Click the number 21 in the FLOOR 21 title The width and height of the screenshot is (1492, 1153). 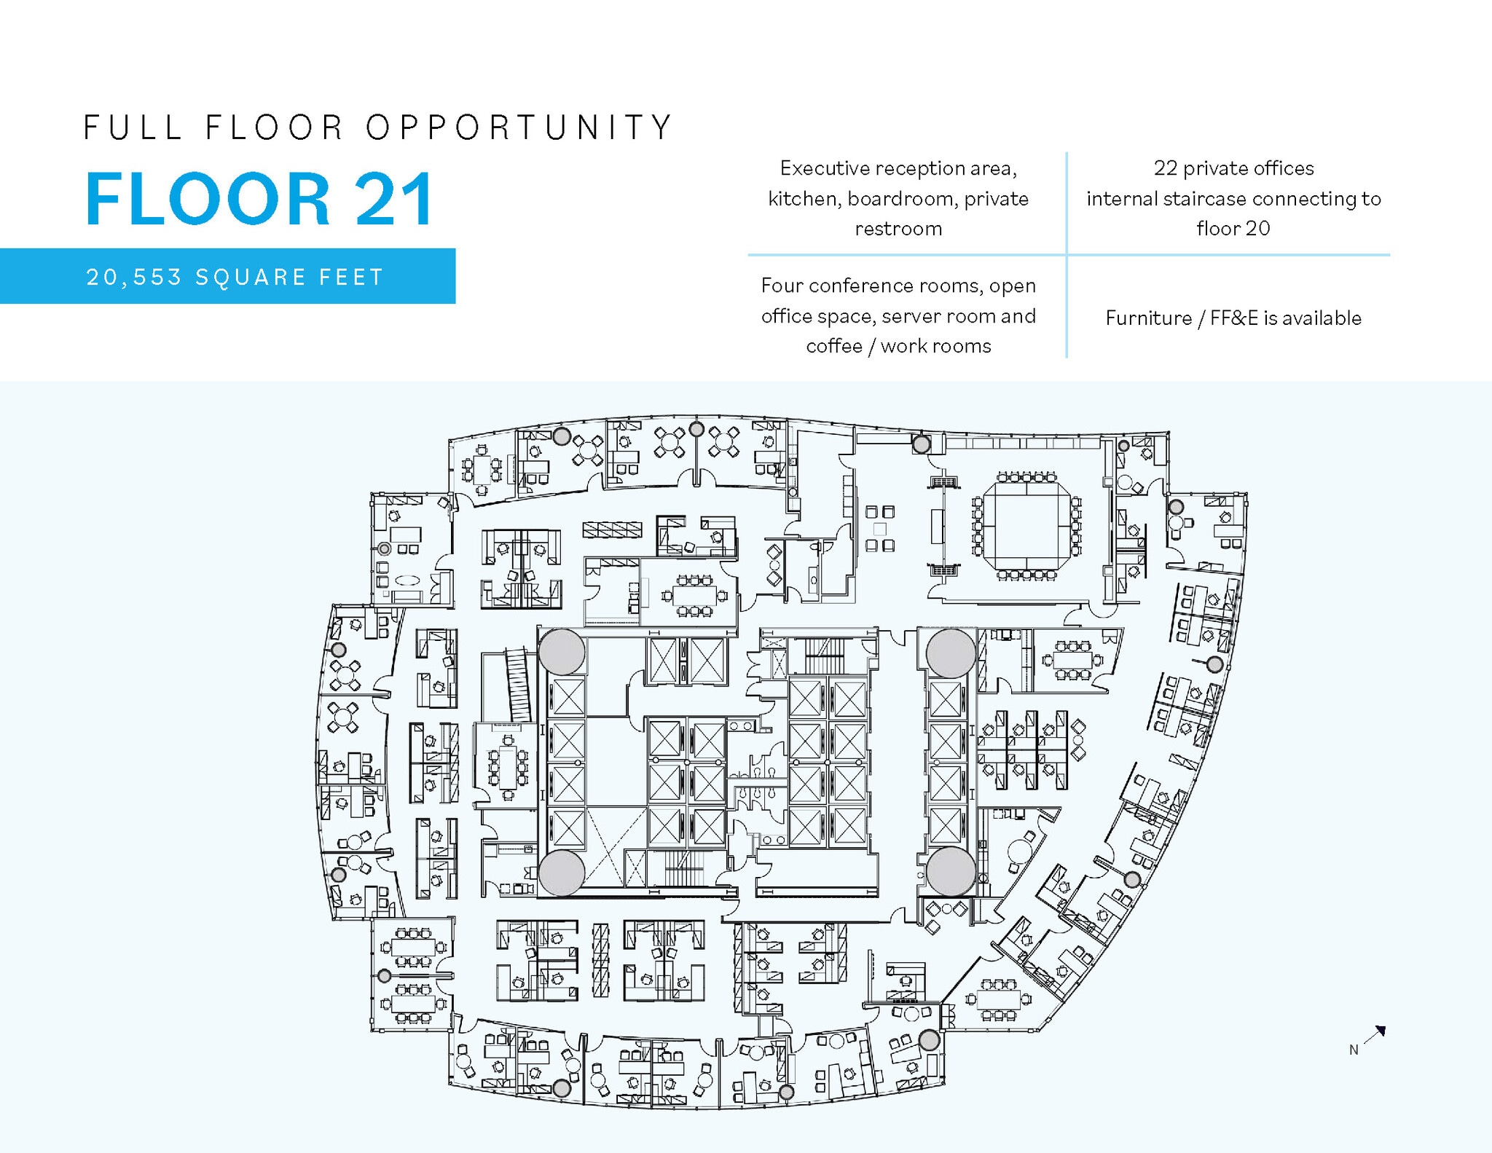tap(394, 199)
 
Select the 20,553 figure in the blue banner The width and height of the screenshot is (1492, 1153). tap(134, 278)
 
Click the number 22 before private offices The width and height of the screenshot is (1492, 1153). tap(1166, 168)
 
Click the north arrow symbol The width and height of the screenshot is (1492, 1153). tap(1375, 1034)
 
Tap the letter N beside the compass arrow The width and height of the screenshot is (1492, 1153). tap(1354, 1050)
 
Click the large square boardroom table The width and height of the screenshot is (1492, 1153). tap(1026, 524)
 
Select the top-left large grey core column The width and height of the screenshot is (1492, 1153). tap(562, 652)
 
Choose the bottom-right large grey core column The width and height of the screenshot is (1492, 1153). tap(951, 871)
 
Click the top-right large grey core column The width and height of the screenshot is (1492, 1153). tap(951, 653)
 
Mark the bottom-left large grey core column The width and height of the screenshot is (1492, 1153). tap(562, 872)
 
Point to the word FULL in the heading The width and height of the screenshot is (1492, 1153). tap(133, 127)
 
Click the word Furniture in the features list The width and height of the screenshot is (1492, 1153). tap(1148, 318)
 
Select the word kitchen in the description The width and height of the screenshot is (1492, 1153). tap(801, 199)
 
